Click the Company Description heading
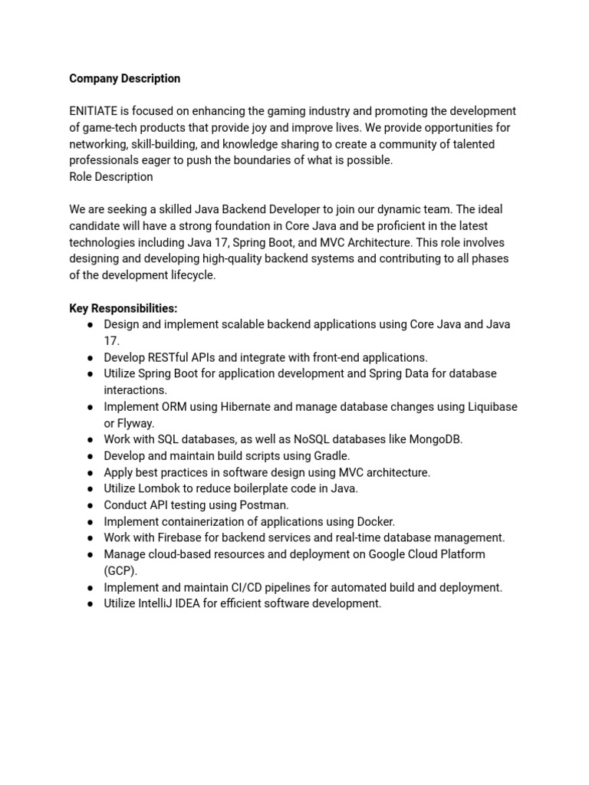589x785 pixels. click(124, 78)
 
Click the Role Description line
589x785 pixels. click(110, 177)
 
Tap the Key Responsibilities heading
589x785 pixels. click(123, 308)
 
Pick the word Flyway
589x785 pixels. click(136, 423)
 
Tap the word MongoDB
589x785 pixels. click(435, 439)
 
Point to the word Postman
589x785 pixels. click(265, 505)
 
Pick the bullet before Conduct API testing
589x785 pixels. click(90, 505)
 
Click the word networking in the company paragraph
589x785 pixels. click(98, 144)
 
